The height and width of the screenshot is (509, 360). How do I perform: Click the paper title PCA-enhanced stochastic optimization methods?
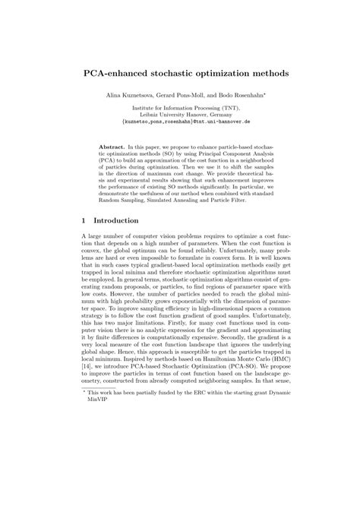[180, 75]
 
